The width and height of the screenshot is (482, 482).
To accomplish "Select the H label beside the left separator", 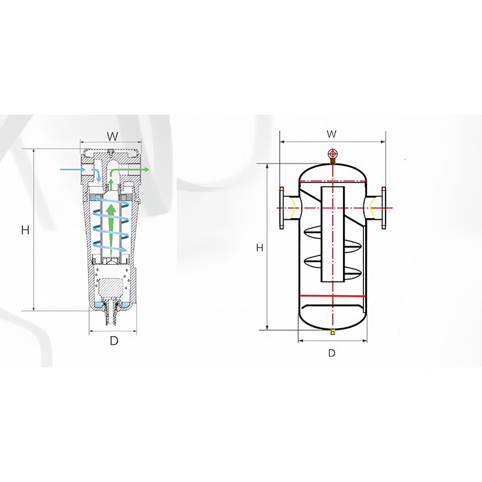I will click(25, 230).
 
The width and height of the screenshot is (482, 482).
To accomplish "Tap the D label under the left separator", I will click(113, 340).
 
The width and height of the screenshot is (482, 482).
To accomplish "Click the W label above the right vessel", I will click(331, 133).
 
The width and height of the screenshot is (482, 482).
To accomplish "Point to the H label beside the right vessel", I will click(259, 248).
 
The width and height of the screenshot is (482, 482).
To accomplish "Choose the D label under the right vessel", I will click(331, 353).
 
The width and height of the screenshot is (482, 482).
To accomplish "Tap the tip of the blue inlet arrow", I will click(98, 179).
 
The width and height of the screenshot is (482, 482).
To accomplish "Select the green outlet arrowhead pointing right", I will click(146, 171).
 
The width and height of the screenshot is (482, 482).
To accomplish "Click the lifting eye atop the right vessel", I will click(332, 154).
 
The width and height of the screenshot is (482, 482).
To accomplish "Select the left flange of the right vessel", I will click(281, 208).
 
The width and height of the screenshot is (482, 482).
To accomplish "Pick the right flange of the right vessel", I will click(384, 208).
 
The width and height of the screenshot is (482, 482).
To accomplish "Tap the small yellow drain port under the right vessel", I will click(332, 332).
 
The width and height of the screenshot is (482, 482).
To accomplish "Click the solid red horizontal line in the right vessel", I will click(332, 296).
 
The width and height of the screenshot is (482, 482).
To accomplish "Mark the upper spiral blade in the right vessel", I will click(332, 231).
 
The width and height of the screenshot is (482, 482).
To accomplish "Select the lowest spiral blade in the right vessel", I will click(332, 260).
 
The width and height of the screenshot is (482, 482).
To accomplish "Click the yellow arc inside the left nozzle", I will click(292, 208).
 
